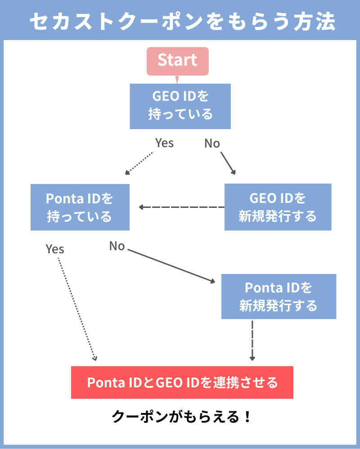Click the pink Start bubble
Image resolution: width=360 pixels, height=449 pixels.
click(x=177, y=61)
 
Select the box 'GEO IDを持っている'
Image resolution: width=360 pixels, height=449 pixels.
click(x=180, y=106)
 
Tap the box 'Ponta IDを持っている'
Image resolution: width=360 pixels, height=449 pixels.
click(x=80, y=207)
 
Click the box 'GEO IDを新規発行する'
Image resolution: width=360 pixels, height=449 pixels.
click(x=278, y=207)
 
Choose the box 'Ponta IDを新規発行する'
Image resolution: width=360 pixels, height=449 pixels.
click(x=279, y=296)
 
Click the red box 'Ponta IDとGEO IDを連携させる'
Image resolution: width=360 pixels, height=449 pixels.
click(x=182, y=382)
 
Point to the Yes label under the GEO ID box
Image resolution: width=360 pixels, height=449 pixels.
click(x=164, y=143)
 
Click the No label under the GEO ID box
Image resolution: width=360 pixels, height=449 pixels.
click(x=212, y=144)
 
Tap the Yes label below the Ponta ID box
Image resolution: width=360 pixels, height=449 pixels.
click(x=55, y=249)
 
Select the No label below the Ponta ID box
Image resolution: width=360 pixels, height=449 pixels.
click(x=117, y=246)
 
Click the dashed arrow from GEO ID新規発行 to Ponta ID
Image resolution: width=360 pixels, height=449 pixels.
click(x=182, y=207)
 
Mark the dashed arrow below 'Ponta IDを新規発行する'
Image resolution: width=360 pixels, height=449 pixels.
click(x=252, y=340)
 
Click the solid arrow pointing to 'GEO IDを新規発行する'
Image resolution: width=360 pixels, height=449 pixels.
click(x=228, y=163)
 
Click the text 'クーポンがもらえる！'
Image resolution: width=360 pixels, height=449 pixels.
click(x=180, y=416)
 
